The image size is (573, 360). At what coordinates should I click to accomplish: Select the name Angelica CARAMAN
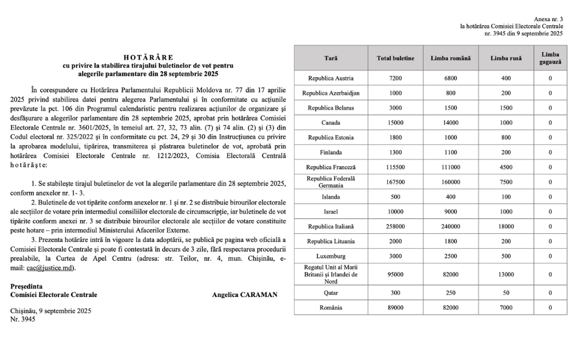(244, 295)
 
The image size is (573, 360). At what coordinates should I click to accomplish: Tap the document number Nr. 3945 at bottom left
(23, 319)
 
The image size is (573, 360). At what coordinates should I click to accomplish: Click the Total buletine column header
(396, 58)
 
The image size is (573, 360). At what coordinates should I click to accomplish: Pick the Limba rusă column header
(506, 58)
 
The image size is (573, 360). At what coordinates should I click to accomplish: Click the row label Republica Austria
(331, 78)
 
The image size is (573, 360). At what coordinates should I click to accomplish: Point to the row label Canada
(331, 122)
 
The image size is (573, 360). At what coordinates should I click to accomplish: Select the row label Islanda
(331, 197)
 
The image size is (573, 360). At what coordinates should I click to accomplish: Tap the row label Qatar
(331, 293)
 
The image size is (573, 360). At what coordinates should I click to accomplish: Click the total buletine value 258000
(396, 226)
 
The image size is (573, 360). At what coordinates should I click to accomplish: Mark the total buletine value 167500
(396, 182)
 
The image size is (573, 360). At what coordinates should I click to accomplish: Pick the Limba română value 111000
(451, 167)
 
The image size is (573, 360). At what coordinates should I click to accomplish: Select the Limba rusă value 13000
(506, 275)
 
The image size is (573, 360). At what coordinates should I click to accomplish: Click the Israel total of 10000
(396, 212)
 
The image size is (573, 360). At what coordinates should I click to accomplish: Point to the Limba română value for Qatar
(451, 293)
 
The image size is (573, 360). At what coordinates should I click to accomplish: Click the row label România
(331, 308)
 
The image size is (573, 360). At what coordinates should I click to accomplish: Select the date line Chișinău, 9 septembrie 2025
(51, 311)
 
